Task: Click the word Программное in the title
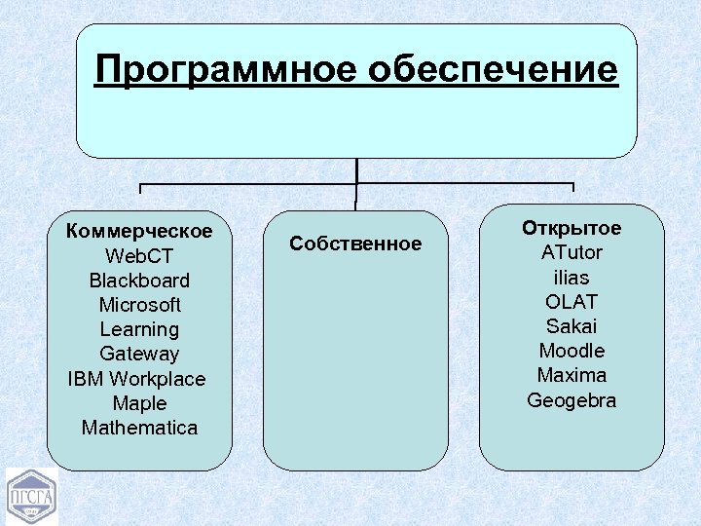226,70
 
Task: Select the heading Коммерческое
139,232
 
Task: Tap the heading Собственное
355,244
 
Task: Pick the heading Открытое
572,229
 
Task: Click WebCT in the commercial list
139,256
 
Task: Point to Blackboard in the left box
139,281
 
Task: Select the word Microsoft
139,305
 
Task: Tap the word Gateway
139,354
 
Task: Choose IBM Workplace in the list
137,379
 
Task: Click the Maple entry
139,403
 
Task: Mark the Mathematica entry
139,428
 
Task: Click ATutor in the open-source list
572,253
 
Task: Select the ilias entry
572,278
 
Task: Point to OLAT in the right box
572,302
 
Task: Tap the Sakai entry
572,326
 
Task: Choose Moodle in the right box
572,351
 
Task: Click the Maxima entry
572,375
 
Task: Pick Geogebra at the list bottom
572,400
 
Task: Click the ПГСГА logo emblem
32,497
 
